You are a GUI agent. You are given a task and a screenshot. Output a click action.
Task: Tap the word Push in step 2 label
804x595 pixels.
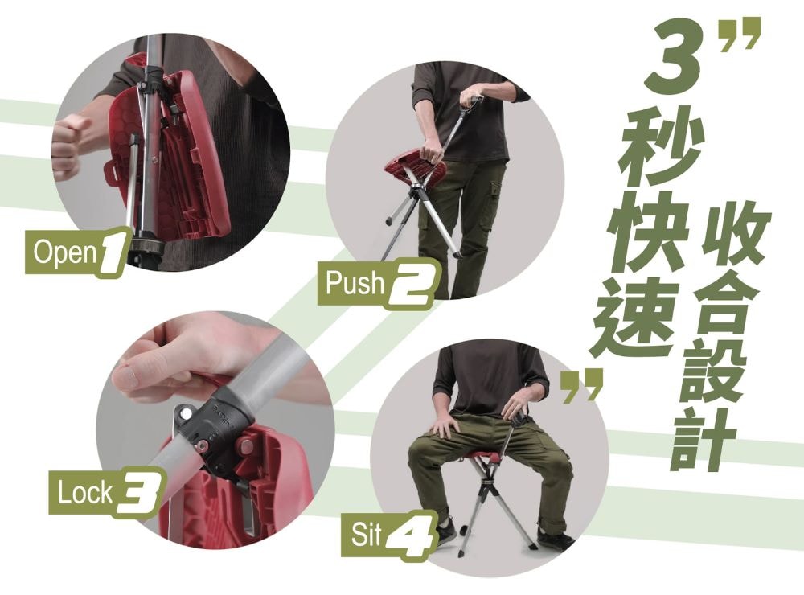point(354,283)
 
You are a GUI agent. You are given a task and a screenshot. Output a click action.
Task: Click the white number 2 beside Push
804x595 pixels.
point(412,285)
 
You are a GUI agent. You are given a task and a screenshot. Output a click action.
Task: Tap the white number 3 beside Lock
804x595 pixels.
point(138,493)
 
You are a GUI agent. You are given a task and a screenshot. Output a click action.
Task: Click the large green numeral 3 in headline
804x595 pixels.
point(675,56)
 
